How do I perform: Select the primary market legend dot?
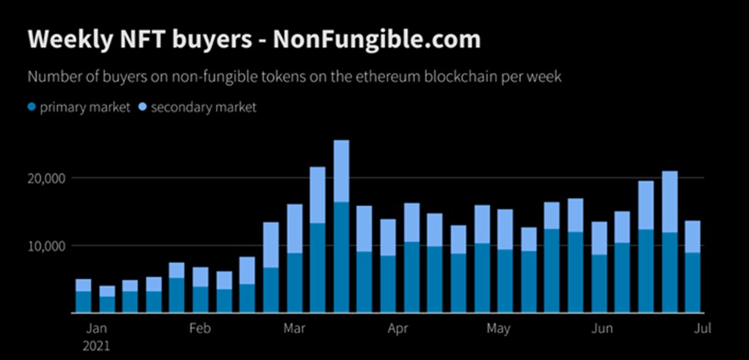(31, 107)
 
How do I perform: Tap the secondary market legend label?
(203, 107)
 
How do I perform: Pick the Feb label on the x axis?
(199, 329)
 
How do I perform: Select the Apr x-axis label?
(398, 329)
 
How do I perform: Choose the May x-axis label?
(498, 329)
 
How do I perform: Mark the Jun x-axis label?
(603, 329)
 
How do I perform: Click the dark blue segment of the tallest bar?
(342, 257)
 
